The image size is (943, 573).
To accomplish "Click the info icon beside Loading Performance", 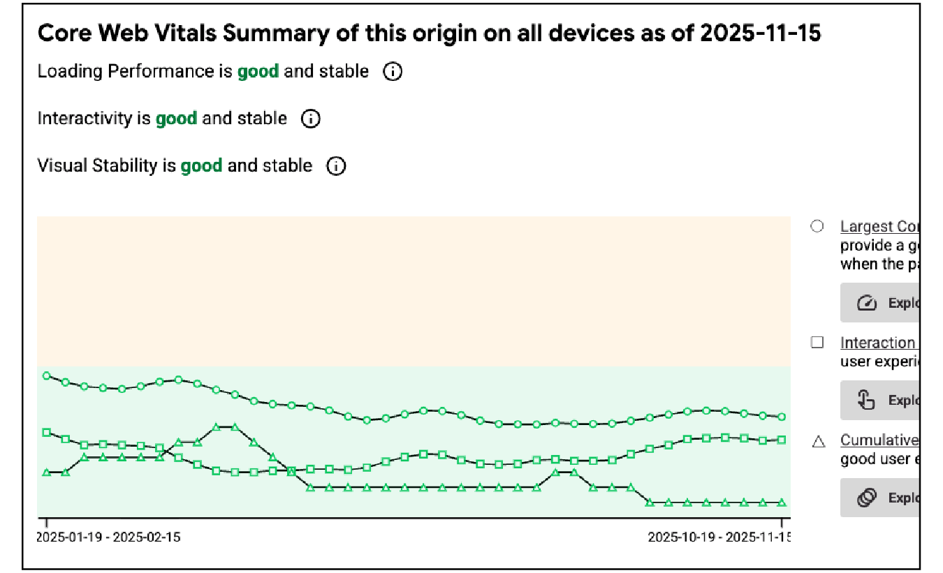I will [393, 71].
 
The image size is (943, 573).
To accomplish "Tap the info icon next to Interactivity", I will [311, 119].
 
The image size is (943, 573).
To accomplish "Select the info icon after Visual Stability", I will [336, 166].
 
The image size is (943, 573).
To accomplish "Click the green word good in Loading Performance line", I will [258, 71].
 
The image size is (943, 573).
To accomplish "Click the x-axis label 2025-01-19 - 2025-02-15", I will [108, 537].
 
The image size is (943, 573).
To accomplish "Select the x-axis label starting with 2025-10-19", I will [719, 537].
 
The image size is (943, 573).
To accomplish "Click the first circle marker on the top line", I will [47, 375].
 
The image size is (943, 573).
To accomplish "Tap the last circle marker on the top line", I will [782, 417].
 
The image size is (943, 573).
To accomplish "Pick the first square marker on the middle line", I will [47, 433].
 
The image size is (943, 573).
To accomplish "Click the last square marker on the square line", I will [782, 440].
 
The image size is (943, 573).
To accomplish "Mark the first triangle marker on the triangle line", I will [47, 472].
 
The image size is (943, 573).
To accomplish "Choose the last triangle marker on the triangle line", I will [782, 503].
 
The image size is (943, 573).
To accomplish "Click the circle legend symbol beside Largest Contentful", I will [817, 227].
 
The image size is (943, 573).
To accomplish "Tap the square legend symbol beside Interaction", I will [817, 343].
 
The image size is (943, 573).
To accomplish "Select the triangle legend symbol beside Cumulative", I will [819, 441].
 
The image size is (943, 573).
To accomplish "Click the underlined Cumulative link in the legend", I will [879, 440].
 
